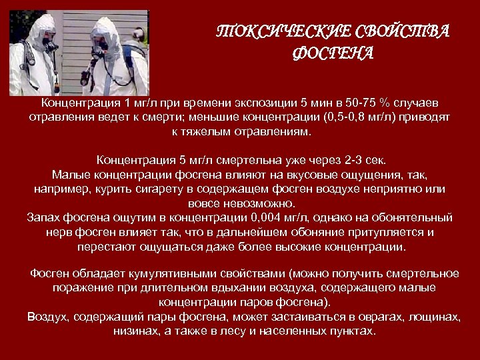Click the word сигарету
click(169, 190)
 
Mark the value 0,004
click(271, 218)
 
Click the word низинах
click(135, 331)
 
